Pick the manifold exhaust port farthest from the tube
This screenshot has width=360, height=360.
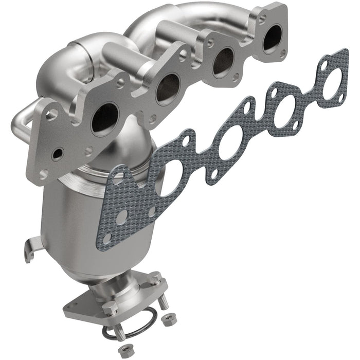[x=271, y=39]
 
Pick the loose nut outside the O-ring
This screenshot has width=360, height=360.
[x=167, y=320]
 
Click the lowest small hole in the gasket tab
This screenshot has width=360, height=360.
[x=106, y=238]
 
